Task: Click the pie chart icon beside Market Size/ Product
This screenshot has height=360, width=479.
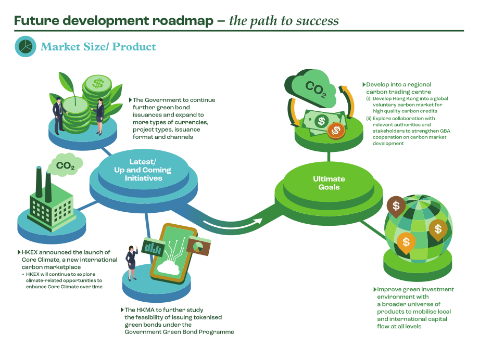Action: click(x=26, y=46)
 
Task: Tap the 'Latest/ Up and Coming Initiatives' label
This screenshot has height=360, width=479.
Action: click(x=143, y=170)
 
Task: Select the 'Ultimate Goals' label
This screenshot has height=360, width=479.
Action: click(x=329, y=183)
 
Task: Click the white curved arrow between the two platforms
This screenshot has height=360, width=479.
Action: click(x=233, y=224)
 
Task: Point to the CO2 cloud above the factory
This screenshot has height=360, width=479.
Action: click(x=65, y=165)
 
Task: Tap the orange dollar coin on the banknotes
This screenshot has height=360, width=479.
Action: click(x=336, y=131)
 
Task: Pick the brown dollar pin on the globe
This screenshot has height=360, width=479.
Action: click(x=396, y=207)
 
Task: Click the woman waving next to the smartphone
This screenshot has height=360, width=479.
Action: click(x=132, y=263)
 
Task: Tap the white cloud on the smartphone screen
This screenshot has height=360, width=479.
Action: click(x=168, y=268)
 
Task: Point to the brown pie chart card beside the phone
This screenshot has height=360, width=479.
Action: click(x=199, y=245)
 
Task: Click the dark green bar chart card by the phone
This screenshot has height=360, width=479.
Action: click(x=153, y=247)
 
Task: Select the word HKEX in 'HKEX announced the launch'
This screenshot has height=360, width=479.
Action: click(x=30, y=252)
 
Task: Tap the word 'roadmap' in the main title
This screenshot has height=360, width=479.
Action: click(x=183, y=21)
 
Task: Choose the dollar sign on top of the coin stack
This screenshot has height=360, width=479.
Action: click(x=98, y=83)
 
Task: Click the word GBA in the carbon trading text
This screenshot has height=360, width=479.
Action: click(x=445, y=131)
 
